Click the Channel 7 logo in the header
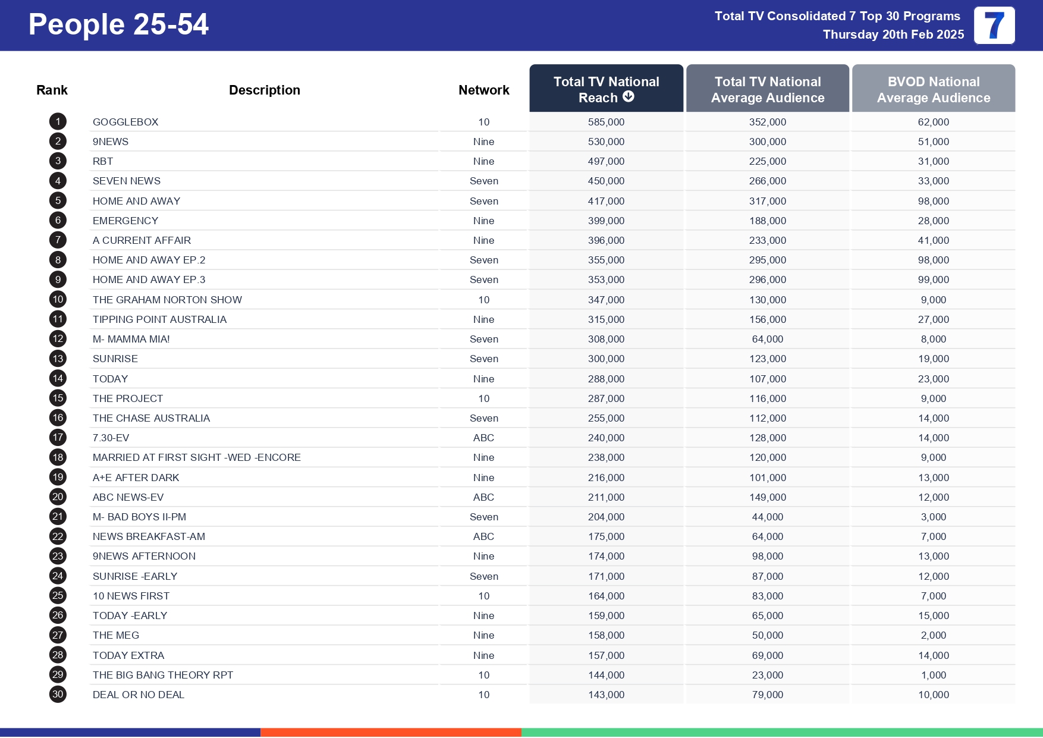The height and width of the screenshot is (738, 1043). pyautogui.click(x=994, y=26)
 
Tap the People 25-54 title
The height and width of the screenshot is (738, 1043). pyautogui.click(x=118, y=25)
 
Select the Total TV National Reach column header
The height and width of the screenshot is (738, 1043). pyautogui.click(x=606, y=89)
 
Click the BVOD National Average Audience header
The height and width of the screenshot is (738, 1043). pyautogui.click(x=933, y=89)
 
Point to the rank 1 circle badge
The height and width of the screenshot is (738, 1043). pyautogui.click(x=58, y=122)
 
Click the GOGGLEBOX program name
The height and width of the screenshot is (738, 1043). pyautogui.click(x=125, y=122)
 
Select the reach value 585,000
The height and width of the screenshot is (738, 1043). pyautogui.click(x=606, y=122)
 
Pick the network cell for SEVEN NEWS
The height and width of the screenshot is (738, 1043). pyautogui.click(x=483, y=181)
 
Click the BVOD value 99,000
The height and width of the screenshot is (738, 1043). pyautogui.click(x=933, y=280)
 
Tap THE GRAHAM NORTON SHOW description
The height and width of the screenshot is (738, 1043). pyautogui.click(x=167, y=300)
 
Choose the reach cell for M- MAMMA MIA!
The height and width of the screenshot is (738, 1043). pyautogui.click(x=606, y=339)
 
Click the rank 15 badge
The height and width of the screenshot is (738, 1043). pyautogui.click(x=58, y=398)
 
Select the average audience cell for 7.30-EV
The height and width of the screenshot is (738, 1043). pyautogui.click(x=767, y=438)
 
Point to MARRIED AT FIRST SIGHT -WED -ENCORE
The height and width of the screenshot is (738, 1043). pyautogui.click(x=196, y=457)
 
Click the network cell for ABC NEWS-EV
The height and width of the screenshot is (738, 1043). pyautogui.click(x=483, y=497)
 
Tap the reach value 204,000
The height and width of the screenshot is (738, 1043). pyautogui.click(x=606, y=517)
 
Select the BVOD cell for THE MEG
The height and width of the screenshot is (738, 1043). pyautogui.click(x=933, y=635)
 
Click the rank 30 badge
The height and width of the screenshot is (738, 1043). pyautogui.click(x=58, y=695)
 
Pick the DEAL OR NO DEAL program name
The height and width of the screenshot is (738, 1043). pyautogui.click(x=139, y=695)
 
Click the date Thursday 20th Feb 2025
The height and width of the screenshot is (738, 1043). pyautogui.click(x=893, y=34)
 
